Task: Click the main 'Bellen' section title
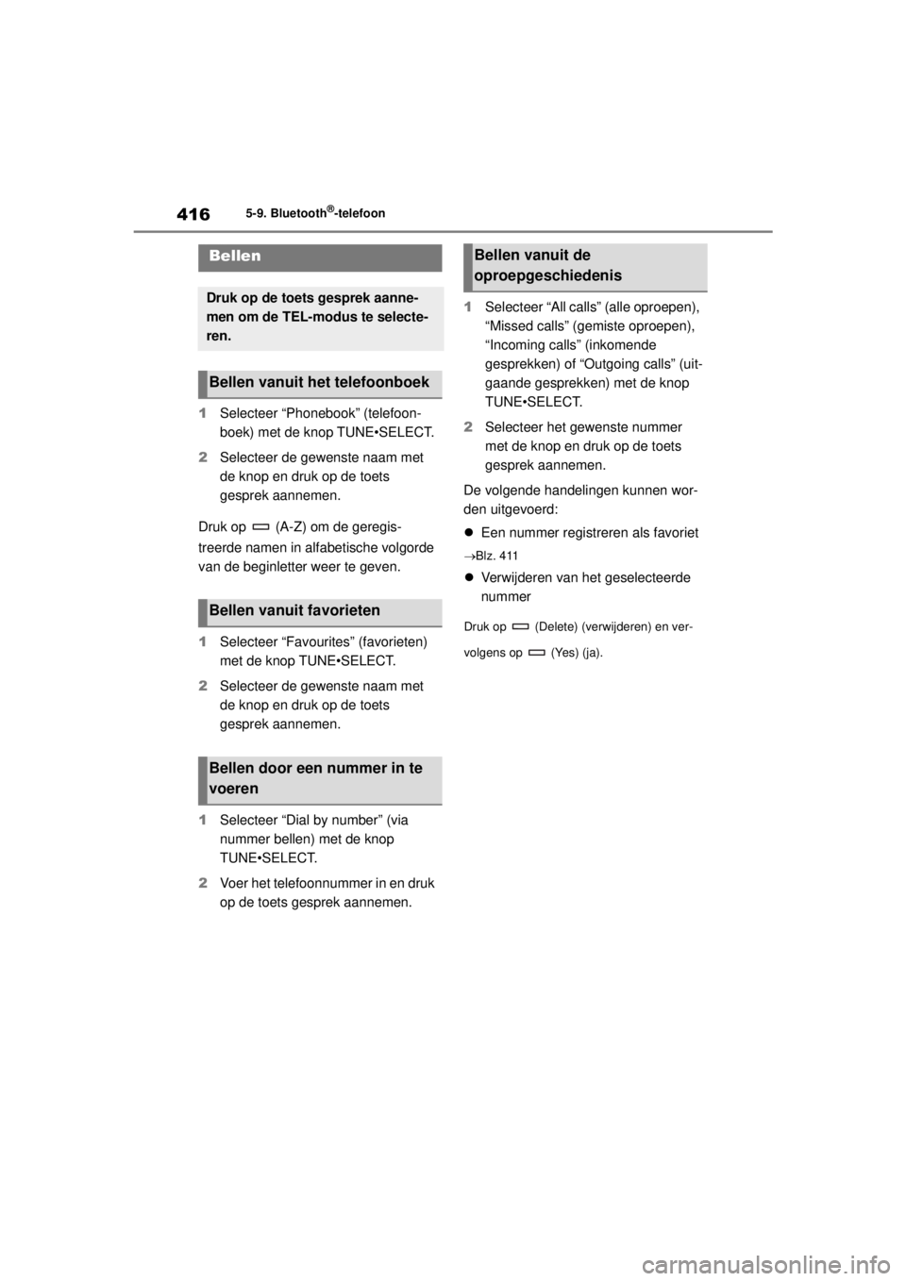[x=235, y=257]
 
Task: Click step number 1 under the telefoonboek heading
[x=202, y=413]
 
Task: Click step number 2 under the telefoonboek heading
[x=202, y=457]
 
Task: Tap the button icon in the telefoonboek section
[x=261, y=526]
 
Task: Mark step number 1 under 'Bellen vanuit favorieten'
[x=202, y=641]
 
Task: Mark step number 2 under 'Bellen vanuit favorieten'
[x=202, y=685]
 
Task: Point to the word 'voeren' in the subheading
[x=233, y=789]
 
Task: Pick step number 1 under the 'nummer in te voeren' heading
[x=202, y=820]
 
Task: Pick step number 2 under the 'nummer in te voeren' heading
[x=202, y=883]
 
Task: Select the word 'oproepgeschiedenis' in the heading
[x=547, y=275]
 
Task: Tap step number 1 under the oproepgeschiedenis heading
[x=467, y=308]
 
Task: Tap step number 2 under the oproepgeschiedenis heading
[x=467, y=426]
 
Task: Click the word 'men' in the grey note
[x=220, y=316]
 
